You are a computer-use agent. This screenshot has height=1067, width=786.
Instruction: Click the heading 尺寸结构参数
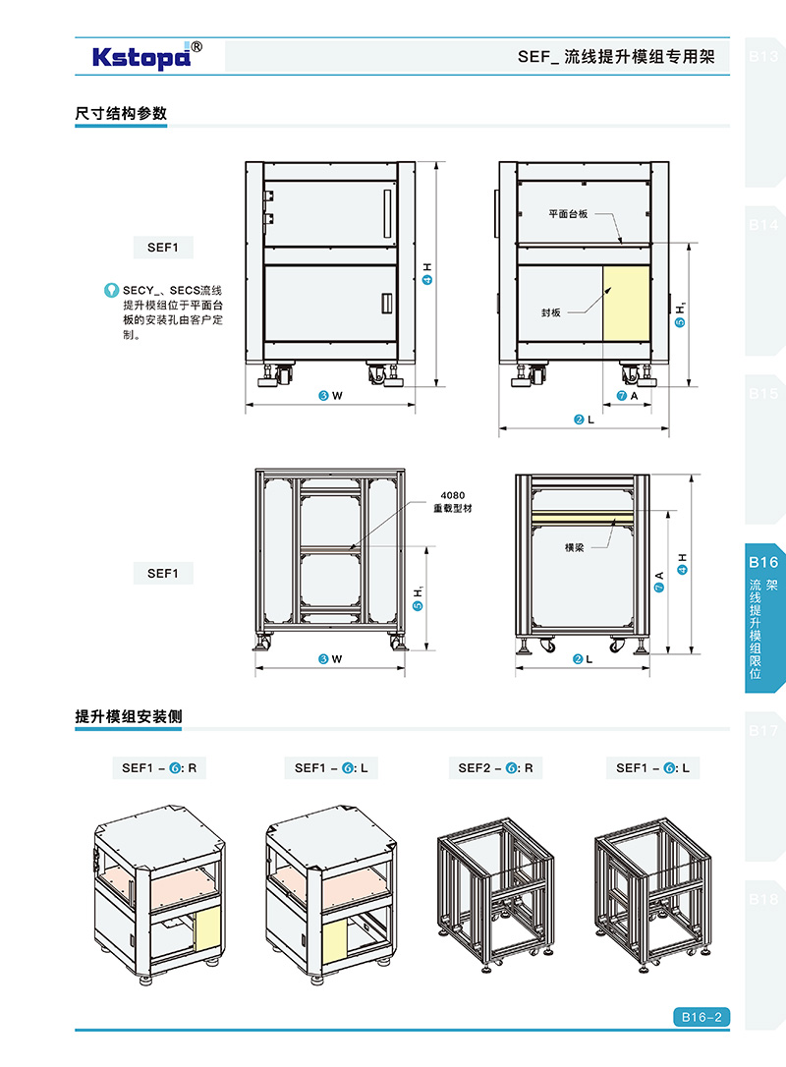(x=121, y=113)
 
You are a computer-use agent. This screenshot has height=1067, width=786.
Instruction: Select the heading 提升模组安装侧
(x=129, y=717)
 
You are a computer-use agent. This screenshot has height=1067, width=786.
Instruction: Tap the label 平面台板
(x=568, y=213)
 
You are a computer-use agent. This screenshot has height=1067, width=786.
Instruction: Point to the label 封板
(x=550, y=312)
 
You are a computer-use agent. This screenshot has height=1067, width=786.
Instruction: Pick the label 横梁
(x=575, y=547)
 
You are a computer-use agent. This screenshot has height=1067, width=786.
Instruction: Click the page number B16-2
(x=702, y=1018)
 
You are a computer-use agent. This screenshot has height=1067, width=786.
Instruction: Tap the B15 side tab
(x=764, y=394)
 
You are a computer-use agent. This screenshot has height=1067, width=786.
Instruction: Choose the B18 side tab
(x=764, y=899)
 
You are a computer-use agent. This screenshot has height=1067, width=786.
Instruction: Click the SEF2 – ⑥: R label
(x=495, y=767)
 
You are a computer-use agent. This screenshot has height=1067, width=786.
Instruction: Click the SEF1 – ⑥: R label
(x=158, y=767)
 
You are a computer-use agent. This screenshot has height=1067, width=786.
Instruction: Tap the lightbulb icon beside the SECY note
(x=111, y=291)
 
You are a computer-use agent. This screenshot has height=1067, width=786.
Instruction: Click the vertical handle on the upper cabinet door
(x=387, y=207)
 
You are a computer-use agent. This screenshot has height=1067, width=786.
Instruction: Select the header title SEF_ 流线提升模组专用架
(x=617, y=57)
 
